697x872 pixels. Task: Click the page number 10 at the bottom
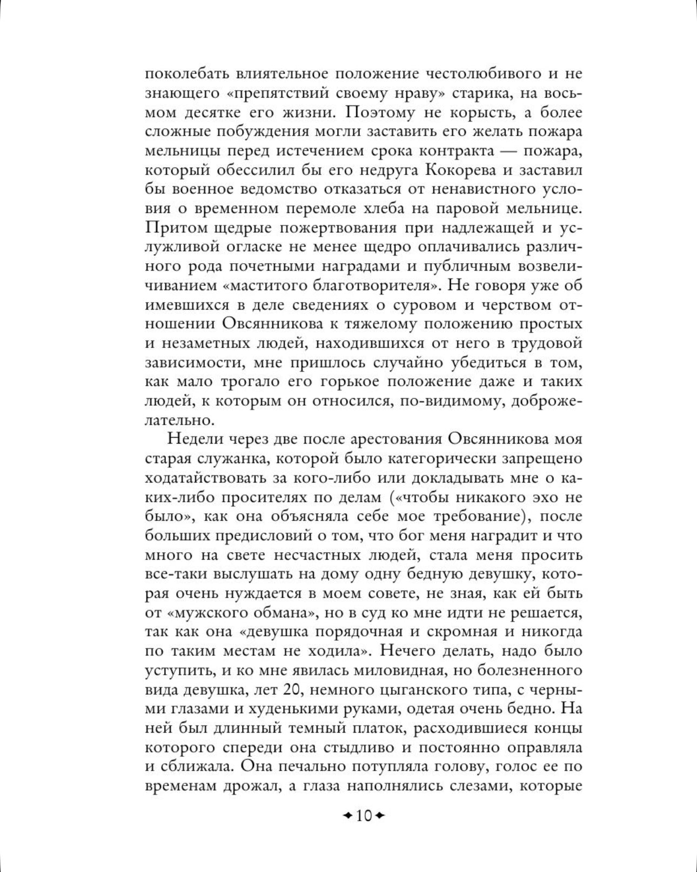point(364,815)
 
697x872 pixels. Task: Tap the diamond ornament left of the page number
point(348,815)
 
